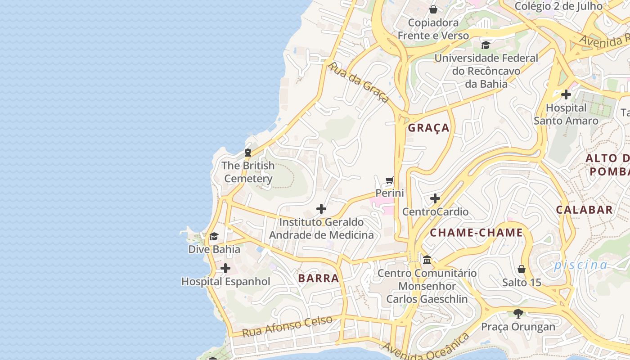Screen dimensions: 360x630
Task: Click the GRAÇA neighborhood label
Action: (x=428, y=128)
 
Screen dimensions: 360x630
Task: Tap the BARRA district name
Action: (x=318, y=278)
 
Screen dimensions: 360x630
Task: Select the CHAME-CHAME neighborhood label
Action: (x=476, y=233)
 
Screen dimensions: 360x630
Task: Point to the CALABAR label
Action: (x=584, y=210)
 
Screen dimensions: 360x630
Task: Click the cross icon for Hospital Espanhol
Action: (x=225, y=269)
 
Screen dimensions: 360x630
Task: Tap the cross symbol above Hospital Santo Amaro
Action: (x=566, y=94)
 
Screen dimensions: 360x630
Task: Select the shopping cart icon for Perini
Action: (x=390, y=180)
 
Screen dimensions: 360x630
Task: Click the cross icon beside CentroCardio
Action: (x=435, y=198)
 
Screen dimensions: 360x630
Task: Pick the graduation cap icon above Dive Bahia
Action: (x=214, y=236)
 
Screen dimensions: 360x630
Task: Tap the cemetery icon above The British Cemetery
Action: (x=248, y=153)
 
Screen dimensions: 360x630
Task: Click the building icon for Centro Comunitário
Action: (x=427, y=260)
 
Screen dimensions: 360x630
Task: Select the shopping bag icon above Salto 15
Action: (x=522, y=269)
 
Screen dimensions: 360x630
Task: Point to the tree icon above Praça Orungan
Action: (x=518, y=313)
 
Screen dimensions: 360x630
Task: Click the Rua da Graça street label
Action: (x=358, y=82)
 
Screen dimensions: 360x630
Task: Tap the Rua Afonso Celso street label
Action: (x=287, y=327)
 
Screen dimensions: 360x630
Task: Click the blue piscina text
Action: (x=580, y=265)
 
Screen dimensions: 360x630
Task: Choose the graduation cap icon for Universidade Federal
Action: (x=486, y=45)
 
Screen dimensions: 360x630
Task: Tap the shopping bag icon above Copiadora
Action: (x=433, y=9)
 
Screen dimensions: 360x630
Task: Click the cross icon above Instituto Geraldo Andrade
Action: (x=321, y=209)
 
